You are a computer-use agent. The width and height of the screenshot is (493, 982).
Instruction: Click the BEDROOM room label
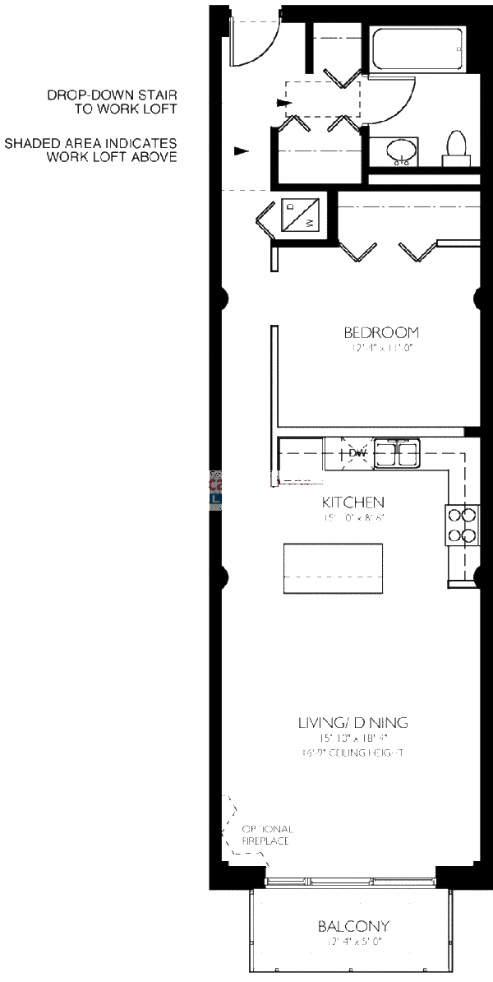point(380,333)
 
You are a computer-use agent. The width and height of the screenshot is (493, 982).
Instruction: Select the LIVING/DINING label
point(352,723)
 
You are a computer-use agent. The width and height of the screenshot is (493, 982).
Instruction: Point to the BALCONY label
point(353,926)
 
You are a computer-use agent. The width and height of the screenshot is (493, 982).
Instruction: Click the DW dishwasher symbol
point(357,453)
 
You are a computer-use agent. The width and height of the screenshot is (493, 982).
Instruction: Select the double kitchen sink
point(398,453)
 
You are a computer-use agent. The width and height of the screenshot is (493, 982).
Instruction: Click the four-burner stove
point(461,526)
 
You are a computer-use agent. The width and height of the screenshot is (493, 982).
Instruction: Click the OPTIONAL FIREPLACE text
point(266,835)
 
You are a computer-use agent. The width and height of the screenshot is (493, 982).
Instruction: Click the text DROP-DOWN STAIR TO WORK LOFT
point(112,102)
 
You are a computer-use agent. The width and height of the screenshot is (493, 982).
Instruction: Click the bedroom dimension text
point(380,349)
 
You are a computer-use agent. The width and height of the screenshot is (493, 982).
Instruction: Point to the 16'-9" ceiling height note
point(352,753)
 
